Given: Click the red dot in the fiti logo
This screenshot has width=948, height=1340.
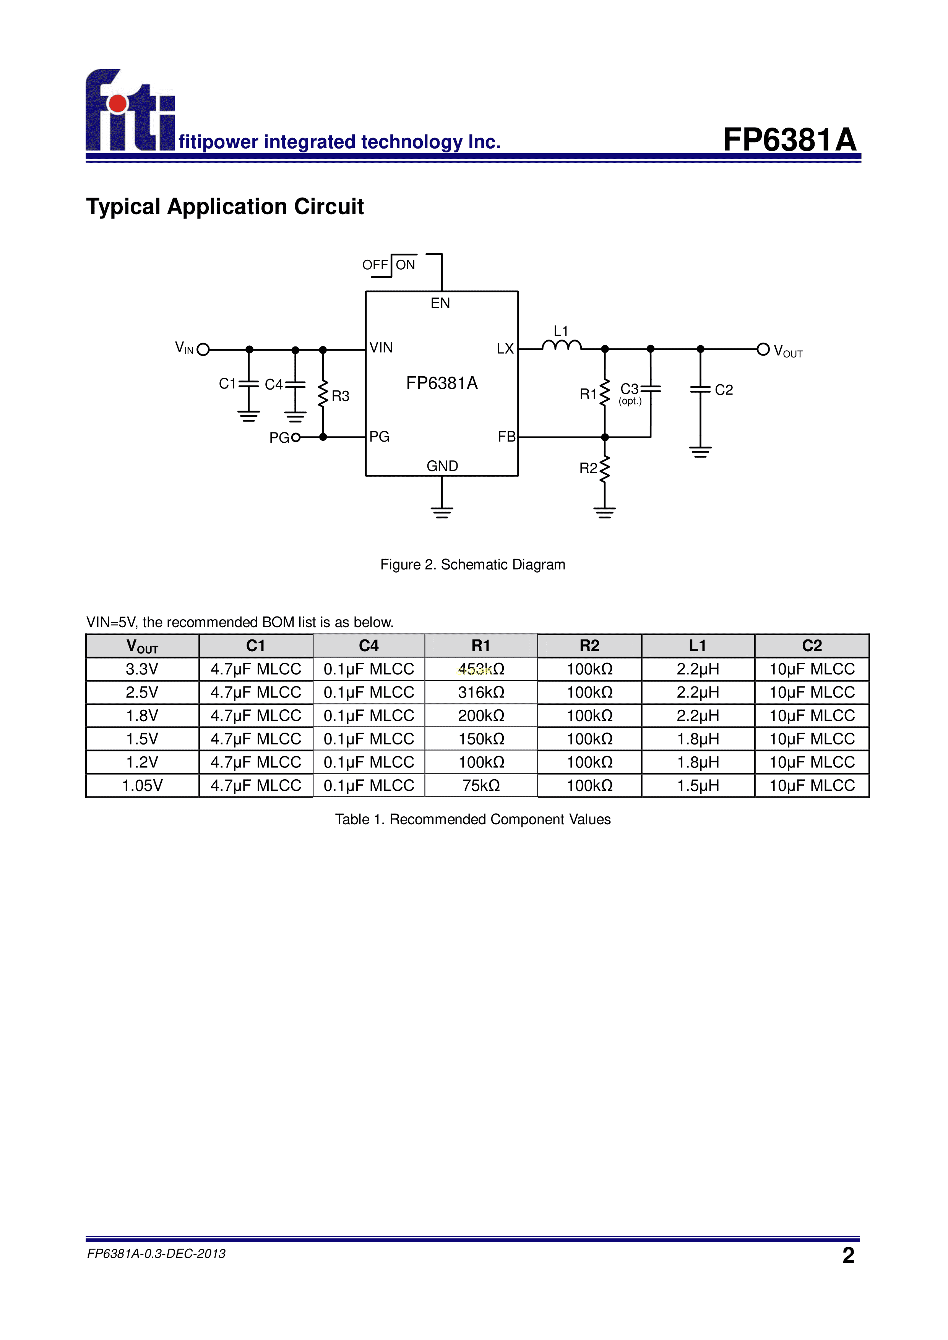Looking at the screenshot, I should pos(118,103).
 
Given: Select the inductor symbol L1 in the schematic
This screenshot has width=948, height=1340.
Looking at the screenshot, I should pos(561,346).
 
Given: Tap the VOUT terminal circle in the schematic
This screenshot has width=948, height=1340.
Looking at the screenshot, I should pos(763,349).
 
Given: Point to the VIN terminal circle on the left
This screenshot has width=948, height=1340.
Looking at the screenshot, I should pos(203,350).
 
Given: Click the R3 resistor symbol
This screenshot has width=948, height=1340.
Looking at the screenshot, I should pos(323,395).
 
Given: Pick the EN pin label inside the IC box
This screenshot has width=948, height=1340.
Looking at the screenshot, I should pos(440,303).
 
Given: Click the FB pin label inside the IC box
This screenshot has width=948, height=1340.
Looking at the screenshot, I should pos(506,437).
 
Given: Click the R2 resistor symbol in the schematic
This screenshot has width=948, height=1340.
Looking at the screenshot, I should pos(605,469).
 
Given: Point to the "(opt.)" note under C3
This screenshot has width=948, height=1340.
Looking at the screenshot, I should pos(630,401).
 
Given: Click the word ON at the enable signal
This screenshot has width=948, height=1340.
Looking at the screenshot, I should pos(405,265).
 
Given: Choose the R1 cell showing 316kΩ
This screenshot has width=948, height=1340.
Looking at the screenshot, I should pos(481,692).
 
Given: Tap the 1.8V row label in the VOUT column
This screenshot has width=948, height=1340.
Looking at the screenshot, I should pos(142,715).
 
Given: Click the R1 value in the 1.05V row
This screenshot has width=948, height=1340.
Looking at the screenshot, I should pos(481,786).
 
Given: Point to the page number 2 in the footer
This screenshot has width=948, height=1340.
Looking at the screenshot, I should pos(848,1255).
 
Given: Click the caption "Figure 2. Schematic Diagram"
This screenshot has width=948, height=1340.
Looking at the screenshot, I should pos(472,564).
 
